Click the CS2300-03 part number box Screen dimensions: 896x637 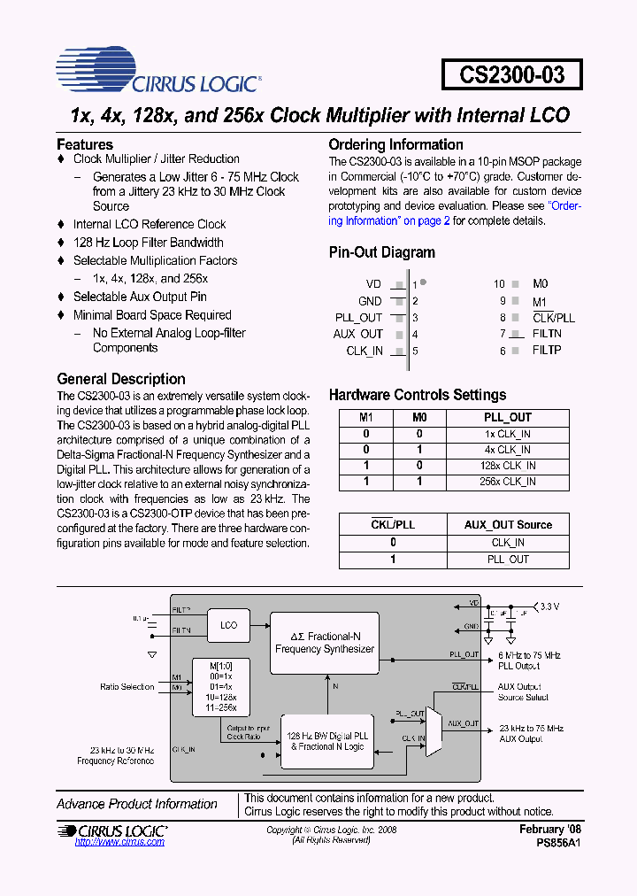511,73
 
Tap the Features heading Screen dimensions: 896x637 85,144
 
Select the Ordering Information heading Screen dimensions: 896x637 395,144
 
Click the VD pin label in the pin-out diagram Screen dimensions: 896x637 374,284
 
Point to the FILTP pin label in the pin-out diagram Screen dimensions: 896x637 547,351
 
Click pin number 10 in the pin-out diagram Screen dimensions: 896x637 499,284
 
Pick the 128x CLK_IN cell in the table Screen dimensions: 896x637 508,466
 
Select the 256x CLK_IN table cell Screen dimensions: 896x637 508,482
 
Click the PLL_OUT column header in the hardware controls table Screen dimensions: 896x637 508,417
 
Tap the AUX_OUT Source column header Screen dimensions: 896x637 508,525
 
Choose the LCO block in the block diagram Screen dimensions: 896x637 228,625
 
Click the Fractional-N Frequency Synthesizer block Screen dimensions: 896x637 325,643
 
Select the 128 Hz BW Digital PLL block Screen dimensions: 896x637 327,741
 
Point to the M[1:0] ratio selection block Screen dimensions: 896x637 220,687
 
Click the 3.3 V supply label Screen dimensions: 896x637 550,606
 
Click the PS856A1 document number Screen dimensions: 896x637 557,843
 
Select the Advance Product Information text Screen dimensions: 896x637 137,804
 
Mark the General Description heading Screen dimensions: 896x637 121,379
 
